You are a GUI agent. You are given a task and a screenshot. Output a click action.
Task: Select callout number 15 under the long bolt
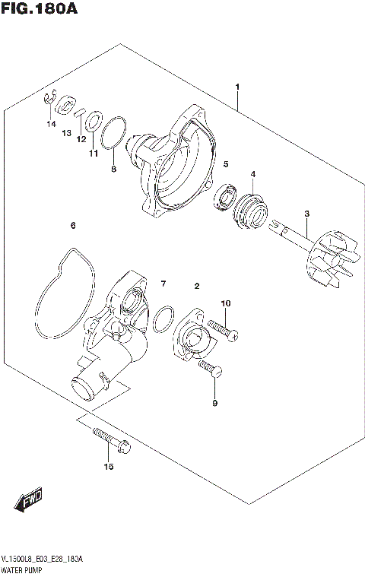[x=108, y=467]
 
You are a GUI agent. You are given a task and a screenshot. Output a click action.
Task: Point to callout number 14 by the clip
[x=51, y=123]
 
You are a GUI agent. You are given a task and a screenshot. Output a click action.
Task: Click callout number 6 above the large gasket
[x=72, y=226]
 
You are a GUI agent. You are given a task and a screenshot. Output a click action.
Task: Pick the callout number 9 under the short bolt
[x=214, y=403]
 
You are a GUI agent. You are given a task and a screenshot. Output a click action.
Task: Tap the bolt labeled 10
[x=222, y=331]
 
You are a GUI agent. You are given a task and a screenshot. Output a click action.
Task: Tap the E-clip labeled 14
[x=47, y=97]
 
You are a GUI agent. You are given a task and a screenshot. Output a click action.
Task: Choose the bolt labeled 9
[x=211, y=370]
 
